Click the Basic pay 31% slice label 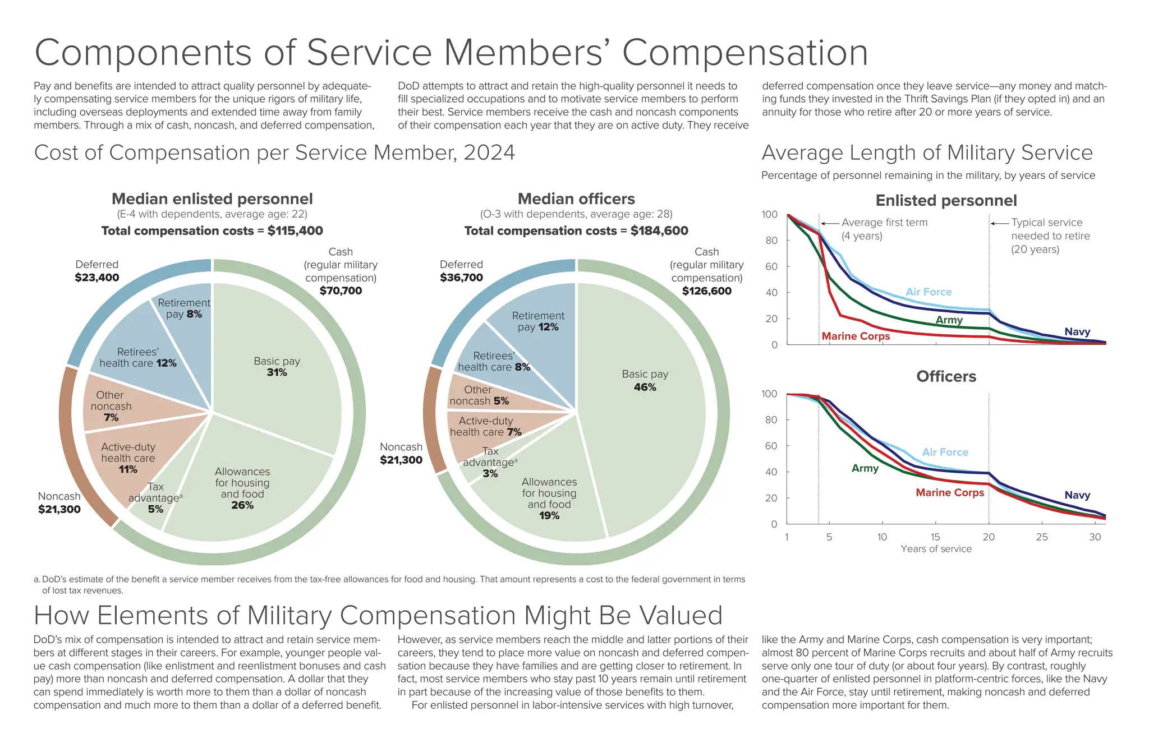click(277, 367)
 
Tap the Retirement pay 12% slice click(537, 321)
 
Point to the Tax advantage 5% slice click(155, 498)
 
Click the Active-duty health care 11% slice click(128, 458)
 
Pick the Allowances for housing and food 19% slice click(549, 498)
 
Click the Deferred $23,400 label click(96, 271)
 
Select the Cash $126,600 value click(706, 290)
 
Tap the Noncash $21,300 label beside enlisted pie click(59, 503)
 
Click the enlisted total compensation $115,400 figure click(295, 230)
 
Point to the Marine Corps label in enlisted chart click(856, 336)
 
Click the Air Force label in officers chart click(945, 452)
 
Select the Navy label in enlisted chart click(1077, 332)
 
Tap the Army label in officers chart click(865, 468)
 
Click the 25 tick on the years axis click(1041, 537)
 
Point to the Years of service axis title click(936, 549)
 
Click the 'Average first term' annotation click(884, 229)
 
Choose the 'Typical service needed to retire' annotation click(1050, 236)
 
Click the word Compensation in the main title click(744, 53)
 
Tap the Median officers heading click(576, 199)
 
